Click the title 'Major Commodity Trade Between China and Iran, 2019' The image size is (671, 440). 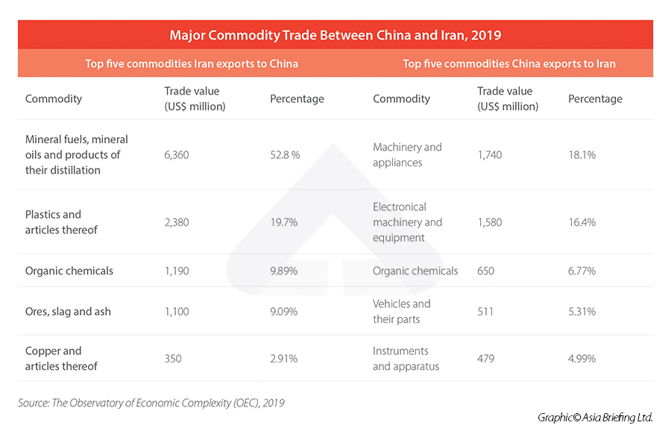click(335, 35)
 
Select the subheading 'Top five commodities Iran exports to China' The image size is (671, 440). click(192, 63)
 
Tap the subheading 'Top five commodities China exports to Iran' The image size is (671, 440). click(509, 63)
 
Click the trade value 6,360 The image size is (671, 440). click(178, 154)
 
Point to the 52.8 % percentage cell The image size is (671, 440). click(285, 154)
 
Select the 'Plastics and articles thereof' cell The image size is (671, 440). click(61, 222)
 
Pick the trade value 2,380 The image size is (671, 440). click(178, 222)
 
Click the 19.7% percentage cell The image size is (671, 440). click(283, 222)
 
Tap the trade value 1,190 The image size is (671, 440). click(177, 271)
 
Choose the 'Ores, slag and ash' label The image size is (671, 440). click(68, 311)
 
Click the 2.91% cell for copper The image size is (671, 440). click(283, 359)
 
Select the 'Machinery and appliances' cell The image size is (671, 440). click(407, 154)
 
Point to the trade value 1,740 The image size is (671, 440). click(491, 154)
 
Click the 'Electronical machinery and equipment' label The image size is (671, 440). click(407, 222)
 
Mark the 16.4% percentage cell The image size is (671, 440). click(582, 222)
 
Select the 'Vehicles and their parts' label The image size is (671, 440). click(401, 311)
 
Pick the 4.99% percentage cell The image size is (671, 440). click(582, 359)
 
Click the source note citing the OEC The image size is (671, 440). click(151, 403)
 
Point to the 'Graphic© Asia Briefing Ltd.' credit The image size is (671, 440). click(595, 418)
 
